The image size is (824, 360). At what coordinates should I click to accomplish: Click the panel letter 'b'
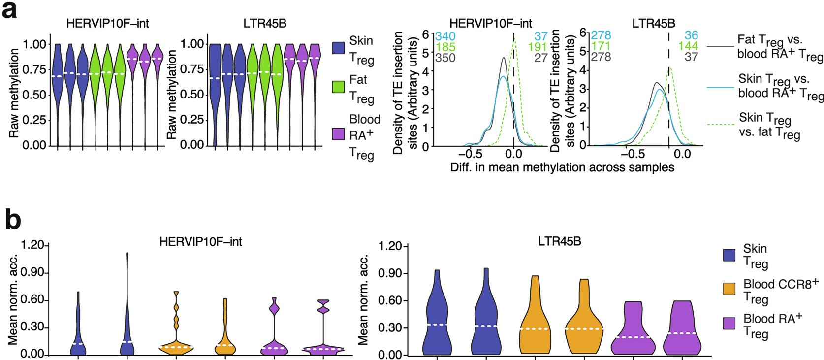pos(13,220)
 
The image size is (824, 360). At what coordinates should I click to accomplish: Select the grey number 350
pos(445,58)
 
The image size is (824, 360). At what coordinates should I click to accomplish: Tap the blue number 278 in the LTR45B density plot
pos(601,36)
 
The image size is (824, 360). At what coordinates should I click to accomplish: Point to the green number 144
pos(688,47)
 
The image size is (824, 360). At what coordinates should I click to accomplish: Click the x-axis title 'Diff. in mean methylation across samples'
pos(562,168)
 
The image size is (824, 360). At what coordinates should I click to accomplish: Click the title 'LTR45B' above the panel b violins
pos(559,242)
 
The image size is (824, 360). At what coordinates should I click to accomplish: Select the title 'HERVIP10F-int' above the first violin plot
pos(108,23)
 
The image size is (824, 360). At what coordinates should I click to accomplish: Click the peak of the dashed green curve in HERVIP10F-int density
pos(516,41)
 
